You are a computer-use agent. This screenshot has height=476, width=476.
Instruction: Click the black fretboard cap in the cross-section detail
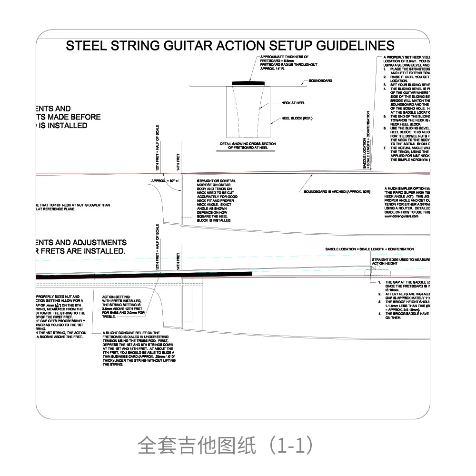tap(249, 83)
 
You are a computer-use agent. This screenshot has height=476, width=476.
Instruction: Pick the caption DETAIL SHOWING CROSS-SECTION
tap(248, 144)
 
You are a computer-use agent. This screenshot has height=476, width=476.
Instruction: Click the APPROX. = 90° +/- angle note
tap(163, 181)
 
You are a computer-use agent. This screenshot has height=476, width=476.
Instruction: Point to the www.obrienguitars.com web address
tap(401, 216)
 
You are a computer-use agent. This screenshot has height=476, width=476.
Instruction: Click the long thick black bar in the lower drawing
tap(143, 275)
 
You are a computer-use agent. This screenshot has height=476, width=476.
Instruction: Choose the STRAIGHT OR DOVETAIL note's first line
tap(216, 181)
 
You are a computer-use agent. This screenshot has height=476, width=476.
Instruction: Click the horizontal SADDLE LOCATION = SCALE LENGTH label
tap(369, 249)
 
